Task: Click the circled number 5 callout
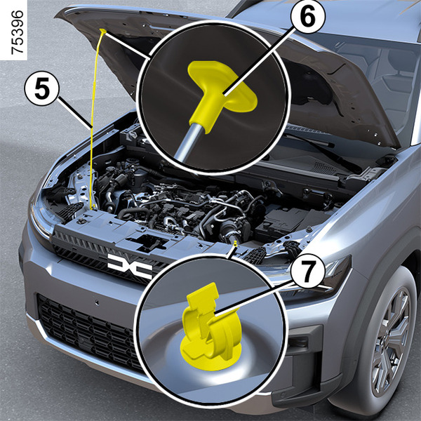pyautogui.click(x=41, y=88)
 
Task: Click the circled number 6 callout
pyautogui.click(x=308, y=17)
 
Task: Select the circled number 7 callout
pyautogui.click(x=308, y=271)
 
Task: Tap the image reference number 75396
pyautogui.click(x=17, y=32)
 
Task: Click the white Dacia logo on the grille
pyautogui.click(x=130, y=266)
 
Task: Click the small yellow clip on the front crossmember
pyautogui.click(x=235, y=243)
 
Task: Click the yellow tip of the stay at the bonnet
pyautogui.click(x=103, y=31)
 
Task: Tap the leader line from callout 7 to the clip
pyautogui.click(x=254, y=298)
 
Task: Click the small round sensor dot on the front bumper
pyautogui.click(x=96, y=302)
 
